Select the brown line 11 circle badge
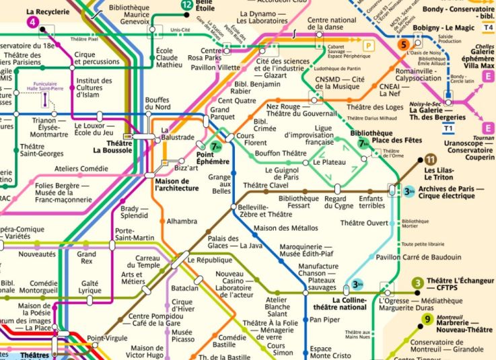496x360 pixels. [430, 159]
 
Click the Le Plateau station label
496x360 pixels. [330, 162]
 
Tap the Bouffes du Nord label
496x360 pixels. [157, 104]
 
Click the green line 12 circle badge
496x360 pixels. [186, 5]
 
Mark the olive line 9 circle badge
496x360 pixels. [427, 320]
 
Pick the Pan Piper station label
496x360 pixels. [324, 320]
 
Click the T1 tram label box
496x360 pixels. [448, 127]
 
